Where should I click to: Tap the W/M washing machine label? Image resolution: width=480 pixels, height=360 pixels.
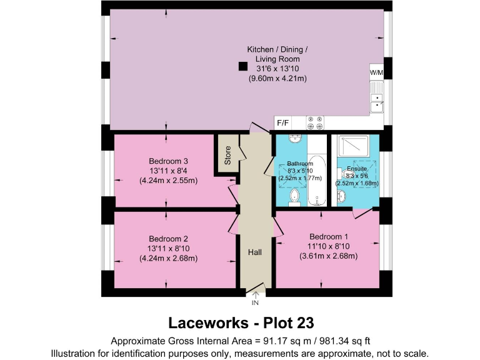(x=377, y=72)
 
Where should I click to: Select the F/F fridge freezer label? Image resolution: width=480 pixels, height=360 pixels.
(x=283, y=124)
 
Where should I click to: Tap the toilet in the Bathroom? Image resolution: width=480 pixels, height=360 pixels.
(x=294, y=198)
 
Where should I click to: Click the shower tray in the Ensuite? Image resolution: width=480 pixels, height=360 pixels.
(x=355, y=147)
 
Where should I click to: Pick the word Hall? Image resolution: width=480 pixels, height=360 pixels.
(x=254, y=252)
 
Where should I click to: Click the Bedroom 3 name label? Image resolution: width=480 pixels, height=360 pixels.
(x=166, y=159)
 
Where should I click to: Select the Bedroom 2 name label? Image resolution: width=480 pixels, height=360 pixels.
(x=166, y=238)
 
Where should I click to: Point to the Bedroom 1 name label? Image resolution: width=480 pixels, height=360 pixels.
(x=327, y=236)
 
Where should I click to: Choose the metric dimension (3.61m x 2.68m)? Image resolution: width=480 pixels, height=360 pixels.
(x=327, y=256)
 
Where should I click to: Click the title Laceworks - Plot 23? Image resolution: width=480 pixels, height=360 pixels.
(x=241, y=323)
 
